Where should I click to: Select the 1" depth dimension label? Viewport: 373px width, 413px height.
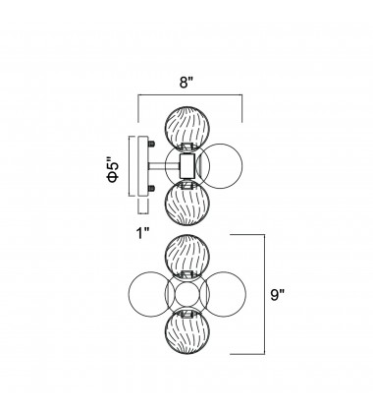point(142,234)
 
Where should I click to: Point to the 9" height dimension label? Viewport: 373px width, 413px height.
point(278,295)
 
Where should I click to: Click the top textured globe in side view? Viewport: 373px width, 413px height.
point(186,128)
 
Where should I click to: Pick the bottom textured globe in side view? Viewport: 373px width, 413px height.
point(186,204)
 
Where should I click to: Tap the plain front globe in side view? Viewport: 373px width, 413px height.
point(221,166)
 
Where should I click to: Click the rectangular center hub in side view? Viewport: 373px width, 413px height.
point(187,166)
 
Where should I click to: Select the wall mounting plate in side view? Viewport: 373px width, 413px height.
point(143,166)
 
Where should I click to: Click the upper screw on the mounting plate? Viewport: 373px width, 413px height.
point(151,144)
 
